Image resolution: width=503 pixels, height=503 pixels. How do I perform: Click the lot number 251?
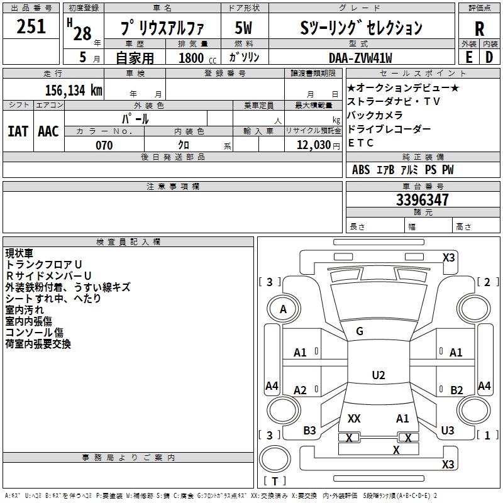[x=31, y=26]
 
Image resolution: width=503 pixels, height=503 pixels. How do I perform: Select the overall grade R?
[x=479, y=28]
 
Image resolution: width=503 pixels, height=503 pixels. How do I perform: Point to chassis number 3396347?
[x=423, y=201]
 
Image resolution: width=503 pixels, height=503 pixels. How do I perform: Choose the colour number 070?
[x=104, y=145]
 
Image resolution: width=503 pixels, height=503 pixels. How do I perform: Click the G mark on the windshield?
[x=360, y=331]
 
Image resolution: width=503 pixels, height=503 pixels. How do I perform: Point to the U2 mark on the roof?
[x=378, y=375]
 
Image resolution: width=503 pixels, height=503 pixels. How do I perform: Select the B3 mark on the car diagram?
[x=309, y=431]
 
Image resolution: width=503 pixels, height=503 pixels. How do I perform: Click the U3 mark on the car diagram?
[x=448, y=431]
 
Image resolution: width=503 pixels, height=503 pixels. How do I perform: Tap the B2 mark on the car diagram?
[x=456, y=390]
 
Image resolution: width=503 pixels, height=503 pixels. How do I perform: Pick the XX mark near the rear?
[x=354, y=419]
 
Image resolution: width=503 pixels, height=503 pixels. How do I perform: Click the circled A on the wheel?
[x=283, y=309]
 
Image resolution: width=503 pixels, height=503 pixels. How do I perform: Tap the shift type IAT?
[x=18, y=131]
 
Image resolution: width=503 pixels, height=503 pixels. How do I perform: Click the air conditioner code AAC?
[x=48, y=131]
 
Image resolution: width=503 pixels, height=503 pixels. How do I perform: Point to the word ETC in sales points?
[x=361, y=143]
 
